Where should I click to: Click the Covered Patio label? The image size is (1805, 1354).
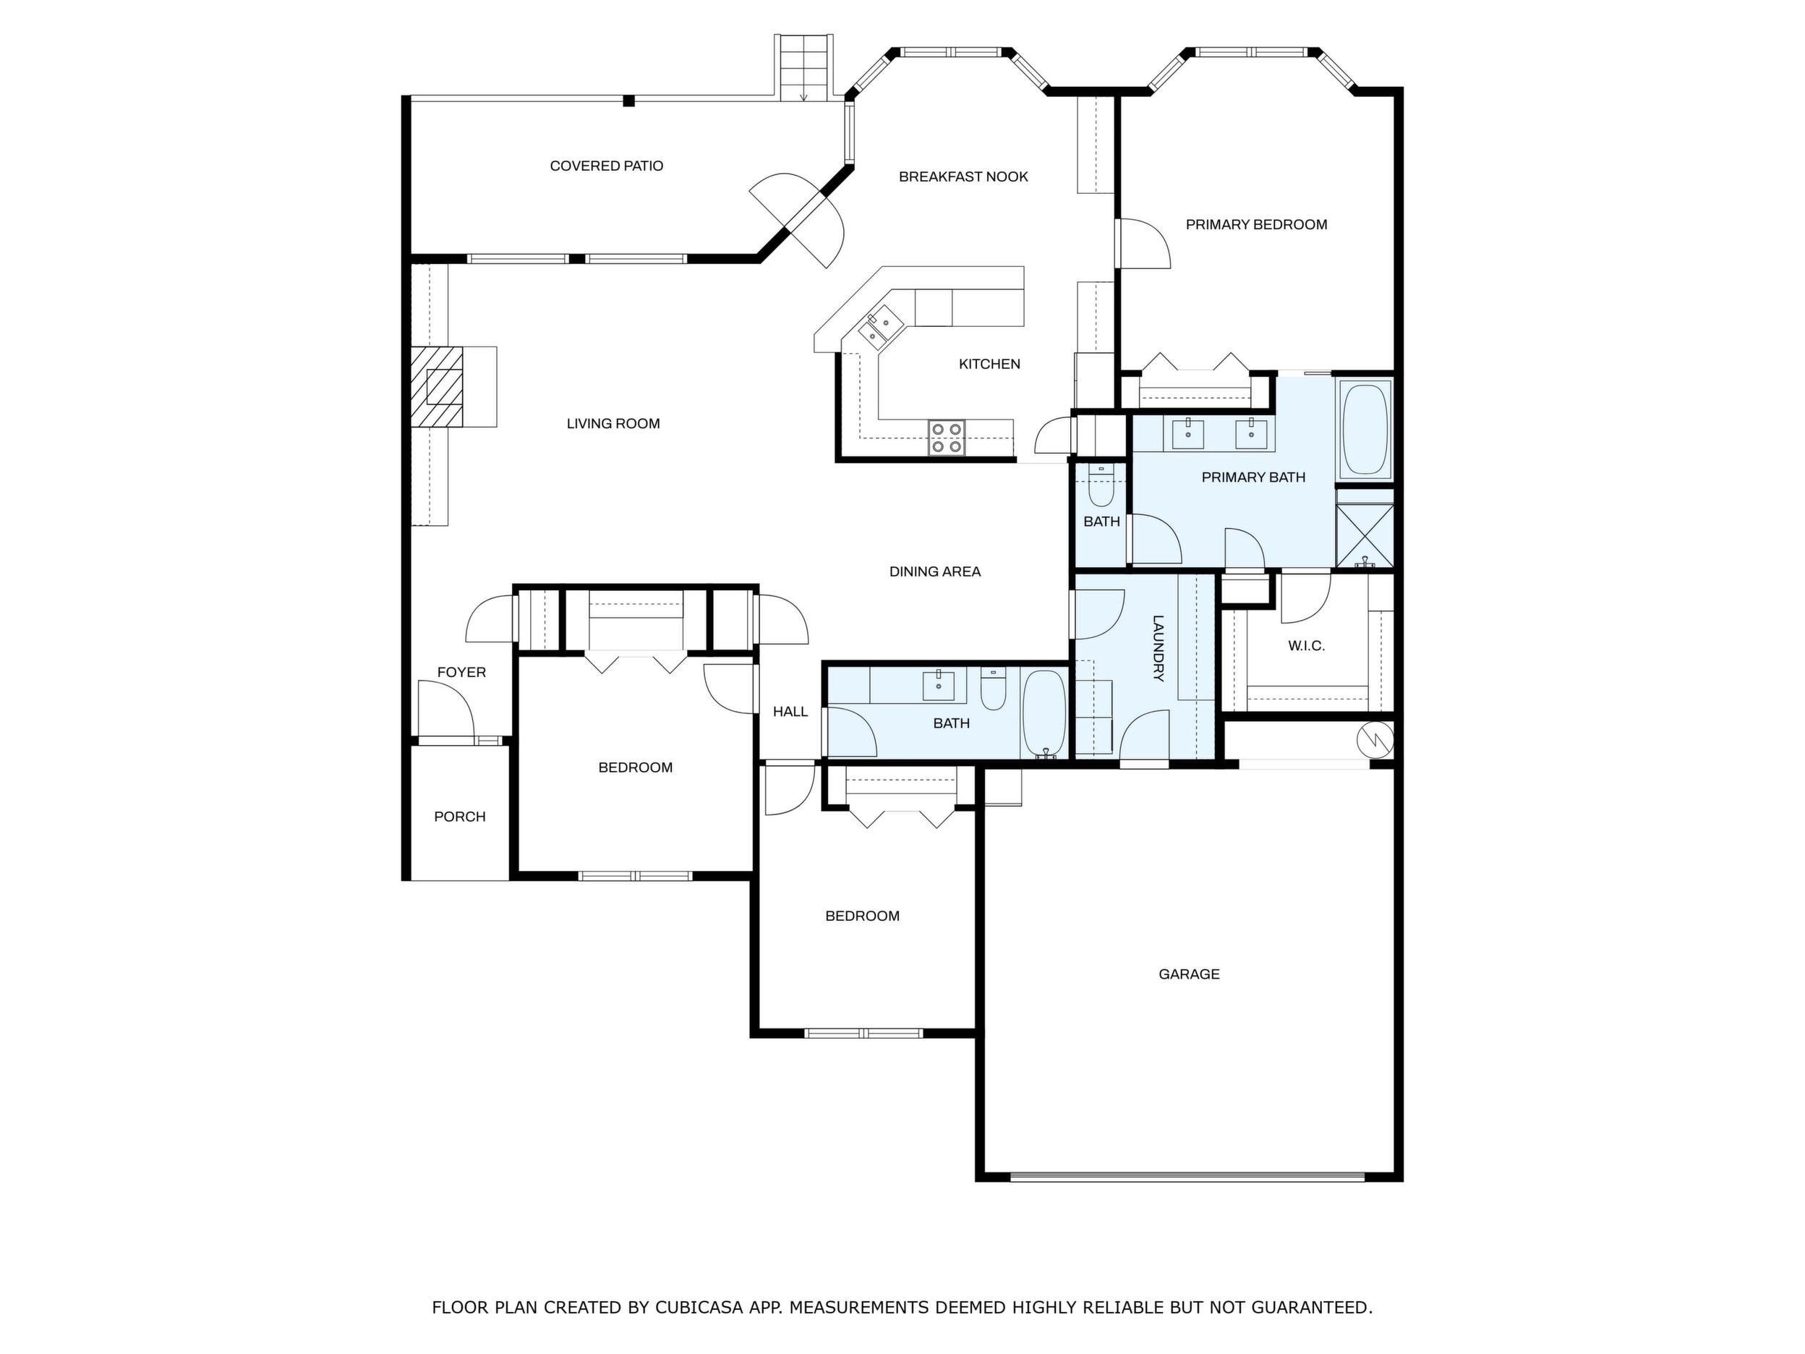[x=606, y=166]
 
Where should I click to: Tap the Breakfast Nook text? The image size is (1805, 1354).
[x=963, y=176]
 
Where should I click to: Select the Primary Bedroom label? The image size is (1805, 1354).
[x=1256, y=224]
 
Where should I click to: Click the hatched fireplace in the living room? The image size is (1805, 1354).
[x=437, y=387]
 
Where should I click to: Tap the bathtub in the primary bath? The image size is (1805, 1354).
[x=1365, y=428]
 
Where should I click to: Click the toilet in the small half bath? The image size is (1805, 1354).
[x=1101, y=487]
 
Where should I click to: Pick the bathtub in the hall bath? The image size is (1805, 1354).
[x=1044, y=713]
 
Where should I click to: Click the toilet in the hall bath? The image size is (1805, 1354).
[x=993, y=689]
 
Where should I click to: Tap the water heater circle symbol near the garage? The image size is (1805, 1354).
[x=1375, y=740]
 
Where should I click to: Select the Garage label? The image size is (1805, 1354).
[x=1189, y=974]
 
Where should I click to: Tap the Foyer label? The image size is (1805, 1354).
[x=461, y=672]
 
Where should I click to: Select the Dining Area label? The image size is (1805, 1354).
[x=934, y=571]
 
